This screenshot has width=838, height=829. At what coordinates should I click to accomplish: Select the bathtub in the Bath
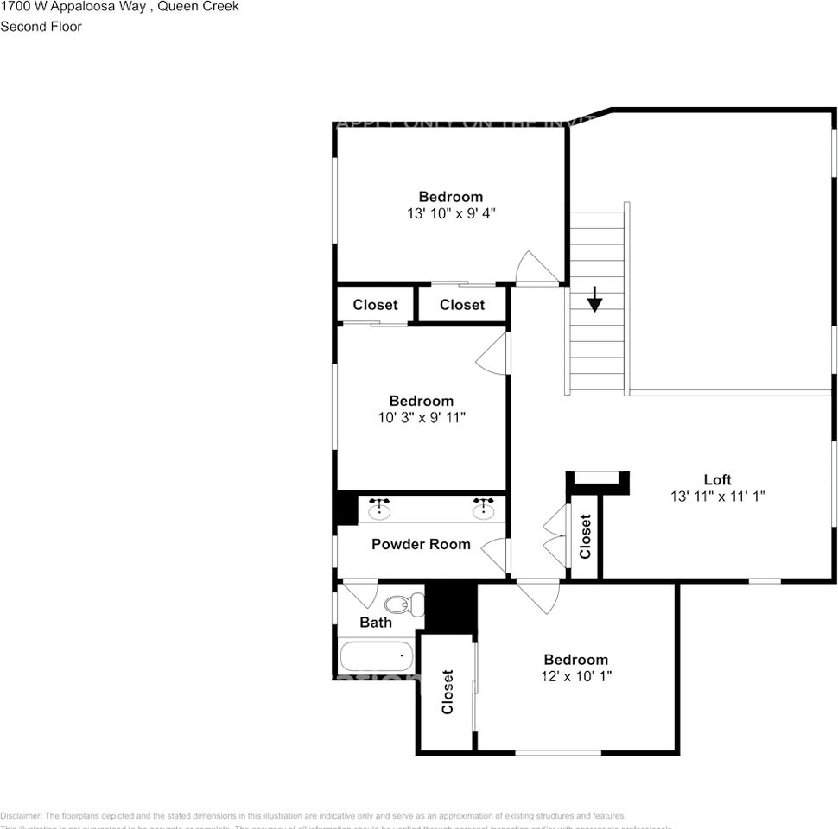coord(376,656)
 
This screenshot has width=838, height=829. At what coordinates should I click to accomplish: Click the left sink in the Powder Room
coord(379,509)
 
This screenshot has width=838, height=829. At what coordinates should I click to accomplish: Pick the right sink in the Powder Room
coord(483,509)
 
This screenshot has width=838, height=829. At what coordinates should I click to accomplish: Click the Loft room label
coord(717,480)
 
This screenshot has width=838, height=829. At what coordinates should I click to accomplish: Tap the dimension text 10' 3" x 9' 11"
coord(421,418)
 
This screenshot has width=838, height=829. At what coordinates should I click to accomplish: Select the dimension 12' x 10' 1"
coord(575,676)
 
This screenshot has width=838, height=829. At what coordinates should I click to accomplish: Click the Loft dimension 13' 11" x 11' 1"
coord(717,497)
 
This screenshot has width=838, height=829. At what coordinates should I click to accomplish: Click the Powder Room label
coord(421,544)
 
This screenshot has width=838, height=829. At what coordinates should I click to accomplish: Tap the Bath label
coord(376,622)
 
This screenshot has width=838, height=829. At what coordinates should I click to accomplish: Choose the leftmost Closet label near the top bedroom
coord(375,305)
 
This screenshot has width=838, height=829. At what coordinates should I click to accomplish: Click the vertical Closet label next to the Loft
coord(585,536)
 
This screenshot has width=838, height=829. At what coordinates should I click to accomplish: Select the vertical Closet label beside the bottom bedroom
coord(448,692)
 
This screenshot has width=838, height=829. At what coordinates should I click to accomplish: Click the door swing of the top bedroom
coord(534,268)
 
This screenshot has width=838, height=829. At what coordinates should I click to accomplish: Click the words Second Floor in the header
coord(41,27)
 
